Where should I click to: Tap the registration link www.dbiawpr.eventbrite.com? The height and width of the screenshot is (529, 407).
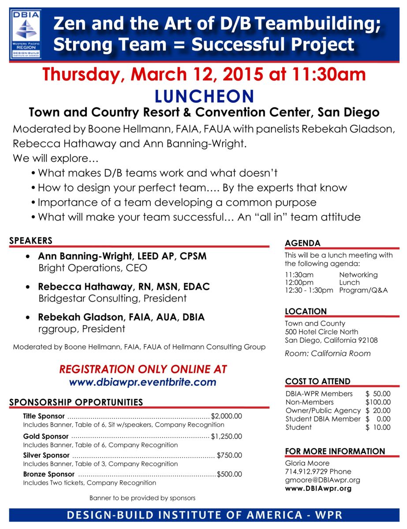pyautogui.click(x=142, y=382)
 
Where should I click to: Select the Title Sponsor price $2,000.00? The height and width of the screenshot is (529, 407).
pyautogui.click(x=227, y=416)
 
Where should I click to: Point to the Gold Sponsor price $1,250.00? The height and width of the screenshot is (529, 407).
pyautogui.click(x=226, y=436)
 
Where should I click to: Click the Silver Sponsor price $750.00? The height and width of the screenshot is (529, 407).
pyautogui.click(x=229, y=455)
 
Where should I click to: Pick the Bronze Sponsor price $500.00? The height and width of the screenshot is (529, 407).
pyautogui.click(x=229, y=474)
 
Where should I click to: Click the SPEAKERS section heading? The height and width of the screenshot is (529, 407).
pyautogui.click(x=31, y=241)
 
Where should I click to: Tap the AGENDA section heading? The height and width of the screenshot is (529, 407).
pyautogui.click(x=302, y=243)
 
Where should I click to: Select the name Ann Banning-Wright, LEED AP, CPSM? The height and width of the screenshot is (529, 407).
pyautogui.click(x=122, y=256)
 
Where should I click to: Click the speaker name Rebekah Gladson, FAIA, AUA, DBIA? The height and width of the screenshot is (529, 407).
pyautogui.click(x=121, y=317)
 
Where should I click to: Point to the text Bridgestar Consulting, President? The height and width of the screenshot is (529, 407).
pyautogui.click(x=112, y=298)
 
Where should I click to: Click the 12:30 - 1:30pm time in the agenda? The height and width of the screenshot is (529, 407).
pyautogui.click(x=309, y=291)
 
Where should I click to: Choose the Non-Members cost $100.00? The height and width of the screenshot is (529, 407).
pyautogui.click(x=378, y=402)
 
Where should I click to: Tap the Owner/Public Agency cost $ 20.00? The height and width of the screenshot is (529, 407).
pyautogui.click(x=378, y=410)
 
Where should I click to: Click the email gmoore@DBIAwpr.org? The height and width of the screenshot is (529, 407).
pyautogui.click(x=323, y=480)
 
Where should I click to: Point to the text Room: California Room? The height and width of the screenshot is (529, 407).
pyautogui.click(x=328, y=354)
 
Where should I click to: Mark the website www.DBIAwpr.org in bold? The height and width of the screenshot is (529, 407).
pyautogui.click(x=318, y=488)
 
